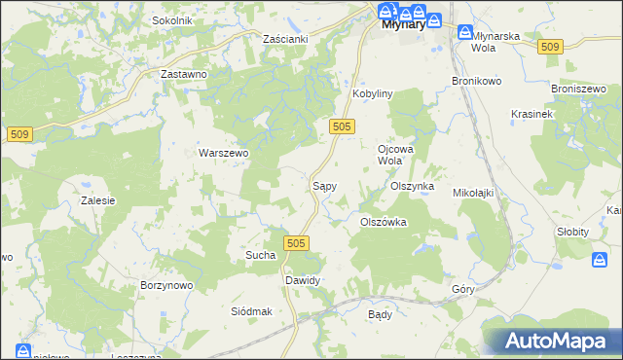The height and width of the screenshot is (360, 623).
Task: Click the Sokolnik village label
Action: [172, 20]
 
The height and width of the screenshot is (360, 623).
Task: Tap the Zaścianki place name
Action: [286, 38]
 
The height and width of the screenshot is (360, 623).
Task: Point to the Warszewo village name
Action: [224, 153]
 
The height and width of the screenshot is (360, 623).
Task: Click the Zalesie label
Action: [98, 200]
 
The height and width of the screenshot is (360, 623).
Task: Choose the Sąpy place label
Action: [324, 184]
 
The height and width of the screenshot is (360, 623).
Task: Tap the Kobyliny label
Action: [371, 93]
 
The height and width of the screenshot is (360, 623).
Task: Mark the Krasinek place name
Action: [531, 114]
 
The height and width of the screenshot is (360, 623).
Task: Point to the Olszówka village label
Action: [384, 222]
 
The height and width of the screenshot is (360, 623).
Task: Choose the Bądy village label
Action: [380, 315]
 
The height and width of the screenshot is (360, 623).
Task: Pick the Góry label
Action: [462, 290]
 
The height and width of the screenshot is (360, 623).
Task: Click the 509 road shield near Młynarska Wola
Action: [550, 48]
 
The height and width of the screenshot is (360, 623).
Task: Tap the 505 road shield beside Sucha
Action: [297, 242]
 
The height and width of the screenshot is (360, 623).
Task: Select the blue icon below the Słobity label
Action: [601, 259]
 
